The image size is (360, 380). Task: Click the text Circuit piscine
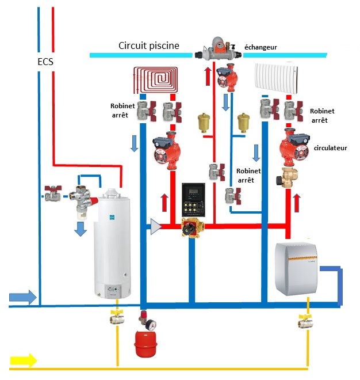tap(149, 45)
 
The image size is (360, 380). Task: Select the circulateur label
tap(331, 148)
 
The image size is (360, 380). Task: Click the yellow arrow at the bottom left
tap(22, 361)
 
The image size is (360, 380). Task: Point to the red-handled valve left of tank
tap(53, 192)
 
